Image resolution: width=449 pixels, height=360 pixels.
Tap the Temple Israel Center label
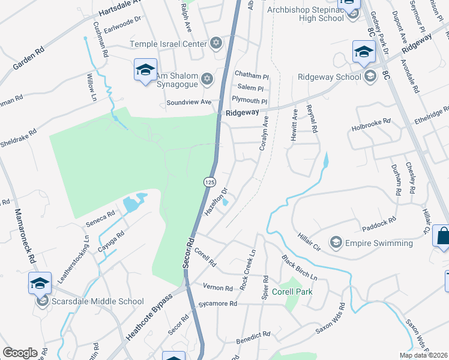click(169, 44)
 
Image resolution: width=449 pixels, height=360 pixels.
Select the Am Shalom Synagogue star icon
click(207, 79)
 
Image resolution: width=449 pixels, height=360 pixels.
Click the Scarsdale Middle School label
click(98, 302)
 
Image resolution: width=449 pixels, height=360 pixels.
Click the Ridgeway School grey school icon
click(370, 76)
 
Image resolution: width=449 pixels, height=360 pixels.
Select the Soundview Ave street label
click(189, 102)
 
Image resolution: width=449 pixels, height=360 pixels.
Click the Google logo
click(20, 353)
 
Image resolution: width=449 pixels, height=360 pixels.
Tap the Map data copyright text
click(423, 355)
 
